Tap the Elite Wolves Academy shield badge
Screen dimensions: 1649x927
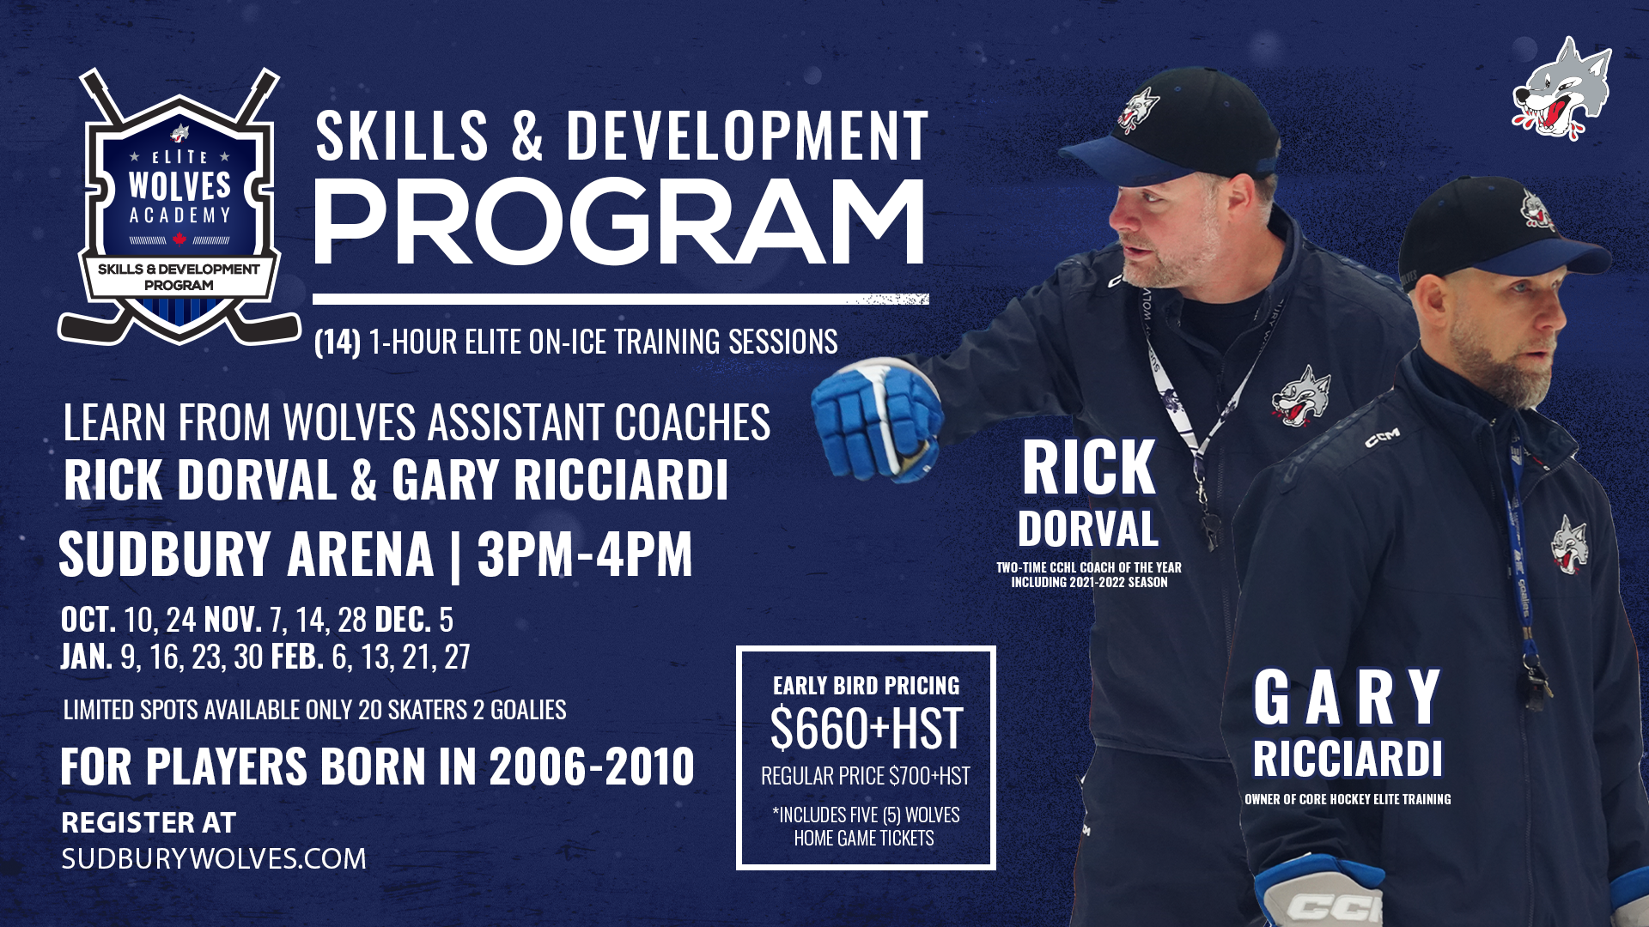(x=180, y=206)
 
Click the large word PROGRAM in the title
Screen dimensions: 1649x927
(x=619, y=223)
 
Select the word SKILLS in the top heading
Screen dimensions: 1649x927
(x=402, y=136)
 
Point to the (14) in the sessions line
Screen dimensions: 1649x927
(x=338, y=342)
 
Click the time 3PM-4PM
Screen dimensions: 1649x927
(x=585, y=554)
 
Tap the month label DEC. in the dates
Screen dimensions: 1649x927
(x=403, y=619)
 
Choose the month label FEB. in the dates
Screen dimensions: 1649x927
(x=297, y=657)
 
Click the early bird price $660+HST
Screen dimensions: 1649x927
(x=866, y=729)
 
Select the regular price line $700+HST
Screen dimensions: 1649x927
(x=866, y=776)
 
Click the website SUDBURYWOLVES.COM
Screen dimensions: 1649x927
(x=214, y=858)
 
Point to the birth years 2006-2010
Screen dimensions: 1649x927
(x=592, y=766)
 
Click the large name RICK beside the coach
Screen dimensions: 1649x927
(x=1089, y=468)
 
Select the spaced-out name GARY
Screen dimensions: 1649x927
(x=1347, y=697)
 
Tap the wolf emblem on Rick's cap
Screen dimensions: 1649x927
(x=1139, y=112)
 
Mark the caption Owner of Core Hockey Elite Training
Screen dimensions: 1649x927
(x=1348, y=799)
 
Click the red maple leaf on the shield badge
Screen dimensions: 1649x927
(x=180, y=239)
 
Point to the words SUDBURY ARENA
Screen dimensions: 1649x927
(x=246, y=554)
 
